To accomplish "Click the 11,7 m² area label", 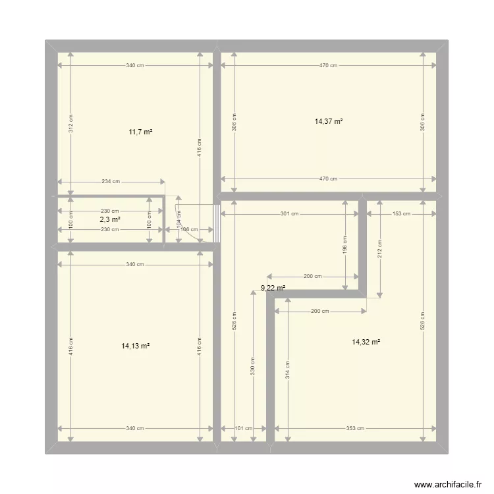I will click(140, 132).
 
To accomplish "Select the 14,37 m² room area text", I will click(329, 121).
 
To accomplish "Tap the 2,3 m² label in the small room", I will click(110, 220).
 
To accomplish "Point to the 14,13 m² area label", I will click(135, 346).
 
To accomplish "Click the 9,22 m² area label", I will click(273, 288).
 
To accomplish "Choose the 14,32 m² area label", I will click(366, 342).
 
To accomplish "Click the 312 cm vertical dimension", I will click(71, 123).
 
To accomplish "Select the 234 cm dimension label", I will click(111, 182).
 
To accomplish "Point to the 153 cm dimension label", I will click(401, 213).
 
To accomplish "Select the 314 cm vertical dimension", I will click(287, 369).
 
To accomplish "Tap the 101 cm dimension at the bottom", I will click(243, 429).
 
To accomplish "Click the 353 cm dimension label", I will click(355, 429).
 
